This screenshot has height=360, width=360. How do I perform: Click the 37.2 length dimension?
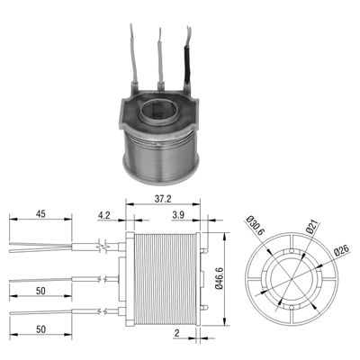163,199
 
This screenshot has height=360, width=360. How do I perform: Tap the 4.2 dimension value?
104,215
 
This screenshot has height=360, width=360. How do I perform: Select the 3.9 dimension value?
178,215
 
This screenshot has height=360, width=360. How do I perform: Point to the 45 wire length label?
40,214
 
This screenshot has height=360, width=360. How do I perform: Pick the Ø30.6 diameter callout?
256,226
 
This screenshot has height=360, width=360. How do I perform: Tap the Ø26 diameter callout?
342,249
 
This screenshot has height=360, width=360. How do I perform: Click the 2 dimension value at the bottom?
177,333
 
